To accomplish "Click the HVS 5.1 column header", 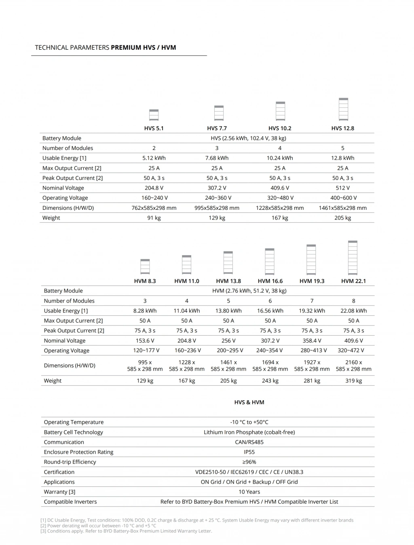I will point(154,128).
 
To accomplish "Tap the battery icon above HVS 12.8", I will point(343,109).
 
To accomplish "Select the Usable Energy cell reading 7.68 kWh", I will point(217,158).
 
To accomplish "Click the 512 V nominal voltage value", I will point(342,188).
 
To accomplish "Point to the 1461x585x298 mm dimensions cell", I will point(342,208).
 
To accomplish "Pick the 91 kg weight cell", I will point(154,218).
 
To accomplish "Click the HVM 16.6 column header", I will point(270,281).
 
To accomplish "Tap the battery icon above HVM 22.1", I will point(353,258).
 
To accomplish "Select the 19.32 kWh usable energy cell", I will point(312,311).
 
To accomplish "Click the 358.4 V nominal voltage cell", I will point(312,341).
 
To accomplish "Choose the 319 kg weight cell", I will point(353,381).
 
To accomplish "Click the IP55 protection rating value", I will point(249,452).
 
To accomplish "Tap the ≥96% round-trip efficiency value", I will point(249,462).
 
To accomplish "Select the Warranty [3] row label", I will point(59,492).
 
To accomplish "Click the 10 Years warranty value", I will point(249,492).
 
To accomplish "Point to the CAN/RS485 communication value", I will point(249,442).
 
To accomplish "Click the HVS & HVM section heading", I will point(249,402).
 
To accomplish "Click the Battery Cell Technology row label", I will point(73,432).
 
